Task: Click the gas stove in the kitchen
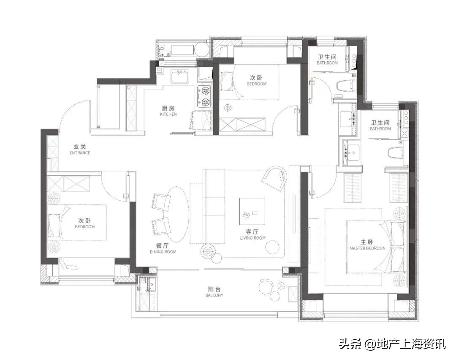205,96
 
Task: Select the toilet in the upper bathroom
346,85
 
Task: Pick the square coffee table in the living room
252,212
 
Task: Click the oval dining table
176,214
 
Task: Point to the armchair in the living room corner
274,178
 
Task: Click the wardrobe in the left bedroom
69,184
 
